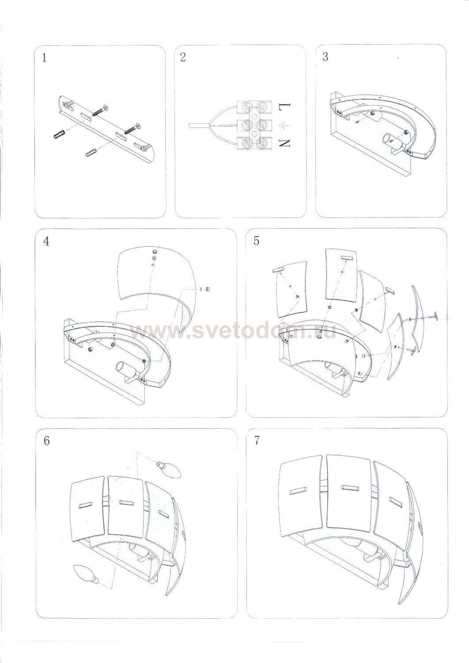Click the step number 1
[x=44, y=57]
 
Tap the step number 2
[x=183, y=57]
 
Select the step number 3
[x=325, y=57]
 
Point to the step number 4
[x=46, y=241]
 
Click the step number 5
[x=256, y=241]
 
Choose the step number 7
[x=257, y=440]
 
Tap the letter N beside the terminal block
[x=284, y=143]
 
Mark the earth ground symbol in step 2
[x=284, y=126]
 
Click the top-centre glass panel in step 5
[x=341, y=271]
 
